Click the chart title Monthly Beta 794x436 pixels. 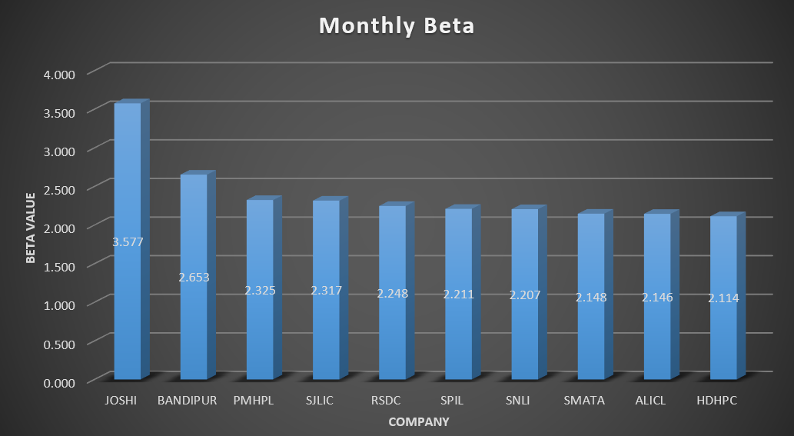397,26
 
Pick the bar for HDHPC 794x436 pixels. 723,338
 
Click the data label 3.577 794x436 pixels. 128,242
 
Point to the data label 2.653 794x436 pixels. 194,277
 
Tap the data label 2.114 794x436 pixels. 723,298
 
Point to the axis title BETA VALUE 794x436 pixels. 31,228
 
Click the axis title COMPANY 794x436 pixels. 419,421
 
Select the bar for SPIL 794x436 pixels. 458,338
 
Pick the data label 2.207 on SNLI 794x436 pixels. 524,295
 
